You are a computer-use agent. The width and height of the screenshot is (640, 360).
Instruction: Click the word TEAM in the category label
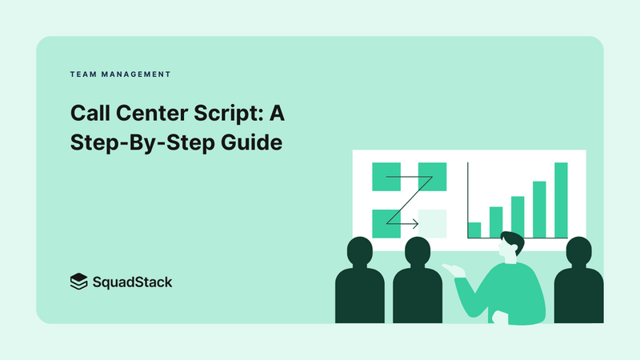click(82, 74)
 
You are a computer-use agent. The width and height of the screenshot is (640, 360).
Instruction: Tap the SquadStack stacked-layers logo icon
click(78, 282)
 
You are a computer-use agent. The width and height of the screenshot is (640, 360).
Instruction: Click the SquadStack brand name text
click(132, 282)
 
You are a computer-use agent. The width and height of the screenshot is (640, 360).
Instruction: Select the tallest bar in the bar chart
click(561, 200)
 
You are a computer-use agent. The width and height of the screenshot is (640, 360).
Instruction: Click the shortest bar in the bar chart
click(474, 230)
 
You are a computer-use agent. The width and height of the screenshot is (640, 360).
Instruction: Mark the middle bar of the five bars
click(518, 217)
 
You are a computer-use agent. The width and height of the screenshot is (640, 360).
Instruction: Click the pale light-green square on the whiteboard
click(432, 222)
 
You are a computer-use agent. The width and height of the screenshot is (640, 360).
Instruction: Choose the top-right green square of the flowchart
click(432, 176)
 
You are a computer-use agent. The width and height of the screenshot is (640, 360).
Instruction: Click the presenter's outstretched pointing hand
click(458, 270)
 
